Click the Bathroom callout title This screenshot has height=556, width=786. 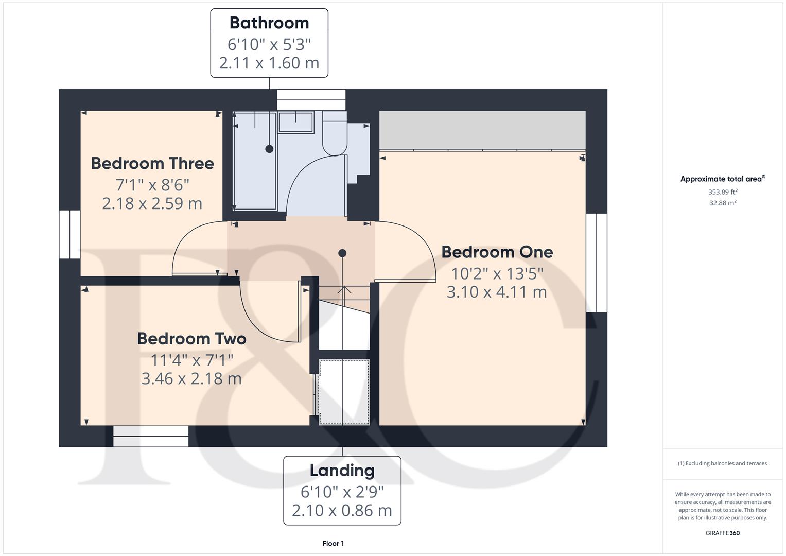tap(269, 23)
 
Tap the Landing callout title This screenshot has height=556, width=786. tap(342, 470)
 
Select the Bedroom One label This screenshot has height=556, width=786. tap(497, 252)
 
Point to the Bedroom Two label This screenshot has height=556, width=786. tap(191, 338)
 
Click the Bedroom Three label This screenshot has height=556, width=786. tap(152, 163)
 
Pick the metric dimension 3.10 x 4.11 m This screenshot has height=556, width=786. tap(496, 292)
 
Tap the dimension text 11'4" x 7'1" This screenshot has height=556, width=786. tap(191, 360)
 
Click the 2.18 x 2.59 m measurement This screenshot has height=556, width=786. tap(152, 203)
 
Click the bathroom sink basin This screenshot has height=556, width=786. tap(295, 123)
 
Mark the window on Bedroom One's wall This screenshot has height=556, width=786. tap(597, 263)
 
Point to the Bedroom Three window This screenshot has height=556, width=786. tap(69, 234)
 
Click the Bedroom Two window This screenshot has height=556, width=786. tap(151, 436)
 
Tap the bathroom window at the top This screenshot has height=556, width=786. tap(311, 99)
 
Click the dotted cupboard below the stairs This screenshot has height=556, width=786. tap(344, 392)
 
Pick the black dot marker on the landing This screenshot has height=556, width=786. tap(342, 253)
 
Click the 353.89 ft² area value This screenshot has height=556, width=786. tap(722, 192)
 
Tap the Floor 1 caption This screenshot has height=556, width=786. tap(333, 543)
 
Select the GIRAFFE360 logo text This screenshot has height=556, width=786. tap(722, 533)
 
